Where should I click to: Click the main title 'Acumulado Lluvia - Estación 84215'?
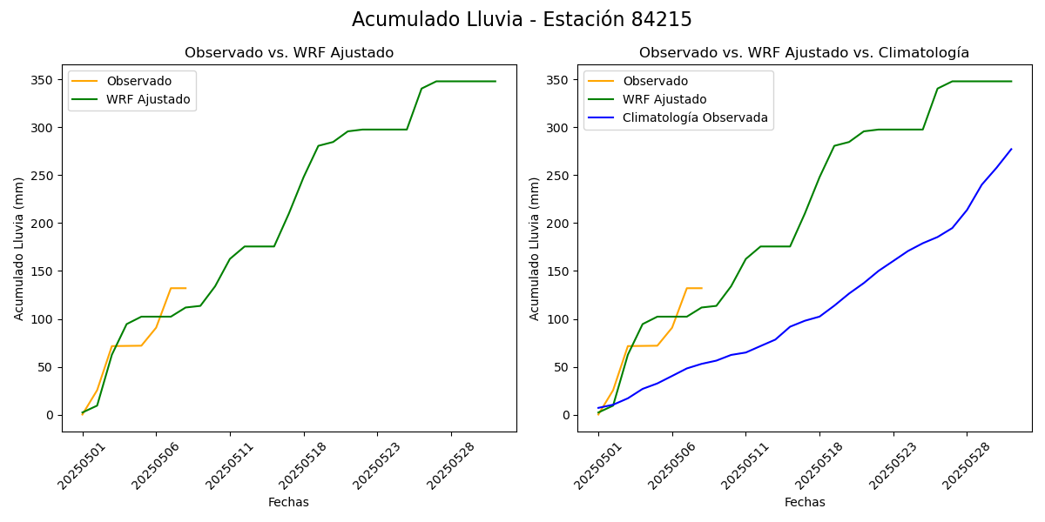tap(522, 20)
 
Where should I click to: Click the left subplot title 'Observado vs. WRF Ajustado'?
tap(289, 53)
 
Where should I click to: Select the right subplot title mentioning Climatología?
tap(804, 53)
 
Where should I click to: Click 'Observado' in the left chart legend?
tap(139, 81)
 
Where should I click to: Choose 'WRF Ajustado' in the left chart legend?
tap(148, 99)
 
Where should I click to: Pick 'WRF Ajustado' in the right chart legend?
tap(664, 99)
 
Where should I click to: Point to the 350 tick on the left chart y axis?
tap(42, 80)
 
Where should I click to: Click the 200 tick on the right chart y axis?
tap(557, 224)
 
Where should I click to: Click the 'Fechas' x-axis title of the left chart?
tap(288, 502)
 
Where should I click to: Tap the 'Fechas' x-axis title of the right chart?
tap(805, 502)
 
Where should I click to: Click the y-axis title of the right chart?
tap(535, 248)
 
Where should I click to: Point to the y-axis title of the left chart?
tap(19, 248)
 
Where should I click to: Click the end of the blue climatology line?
tap(1011, 149)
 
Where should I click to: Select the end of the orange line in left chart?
tap(185, 288)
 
